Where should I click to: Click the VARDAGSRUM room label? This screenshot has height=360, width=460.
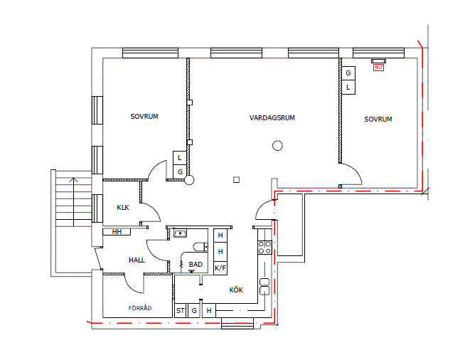click(x=272, y=118)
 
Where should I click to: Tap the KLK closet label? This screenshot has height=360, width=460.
click(x=123, y=208)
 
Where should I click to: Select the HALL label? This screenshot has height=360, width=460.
click(x=137, y=260)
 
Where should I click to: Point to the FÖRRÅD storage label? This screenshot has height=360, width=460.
click(x=140, y=308)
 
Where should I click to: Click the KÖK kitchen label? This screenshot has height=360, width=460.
click(x=236, y=290)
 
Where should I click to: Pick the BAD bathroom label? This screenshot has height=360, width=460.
click(x=196, y=265)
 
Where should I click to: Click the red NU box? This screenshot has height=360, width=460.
click(x=378, y=68)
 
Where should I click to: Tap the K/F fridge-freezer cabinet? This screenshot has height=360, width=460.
click(x=220, y=268)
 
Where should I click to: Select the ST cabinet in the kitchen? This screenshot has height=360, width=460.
click(x=180, y=311)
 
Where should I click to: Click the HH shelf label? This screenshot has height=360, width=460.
click(x=117, y=232)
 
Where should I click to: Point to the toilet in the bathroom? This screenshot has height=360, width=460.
click(x=200, y=247)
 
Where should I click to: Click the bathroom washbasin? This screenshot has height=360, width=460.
click(x=180, y=233)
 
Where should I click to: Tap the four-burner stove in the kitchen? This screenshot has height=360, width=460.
click(x=264, y=248)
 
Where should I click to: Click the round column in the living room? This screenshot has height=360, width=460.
click(x=277, y=146)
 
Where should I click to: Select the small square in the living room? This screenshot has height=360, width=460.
click(x=237, y=180)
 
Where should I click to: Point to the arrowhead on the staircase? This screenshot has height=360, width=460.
click(x=74, y=180)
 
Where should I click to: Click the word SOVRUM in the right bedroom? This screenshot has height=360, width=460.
click(x=378, y=120)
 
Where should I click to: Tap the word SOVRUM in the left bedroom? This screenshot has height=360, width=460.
click(x=144, y=117)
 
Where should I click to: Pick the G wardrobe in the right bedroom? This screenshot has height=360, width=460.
click(x=348, y=73)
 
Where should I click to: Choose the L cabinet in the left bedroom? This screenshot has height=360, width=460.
click(x=180, y=158)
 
